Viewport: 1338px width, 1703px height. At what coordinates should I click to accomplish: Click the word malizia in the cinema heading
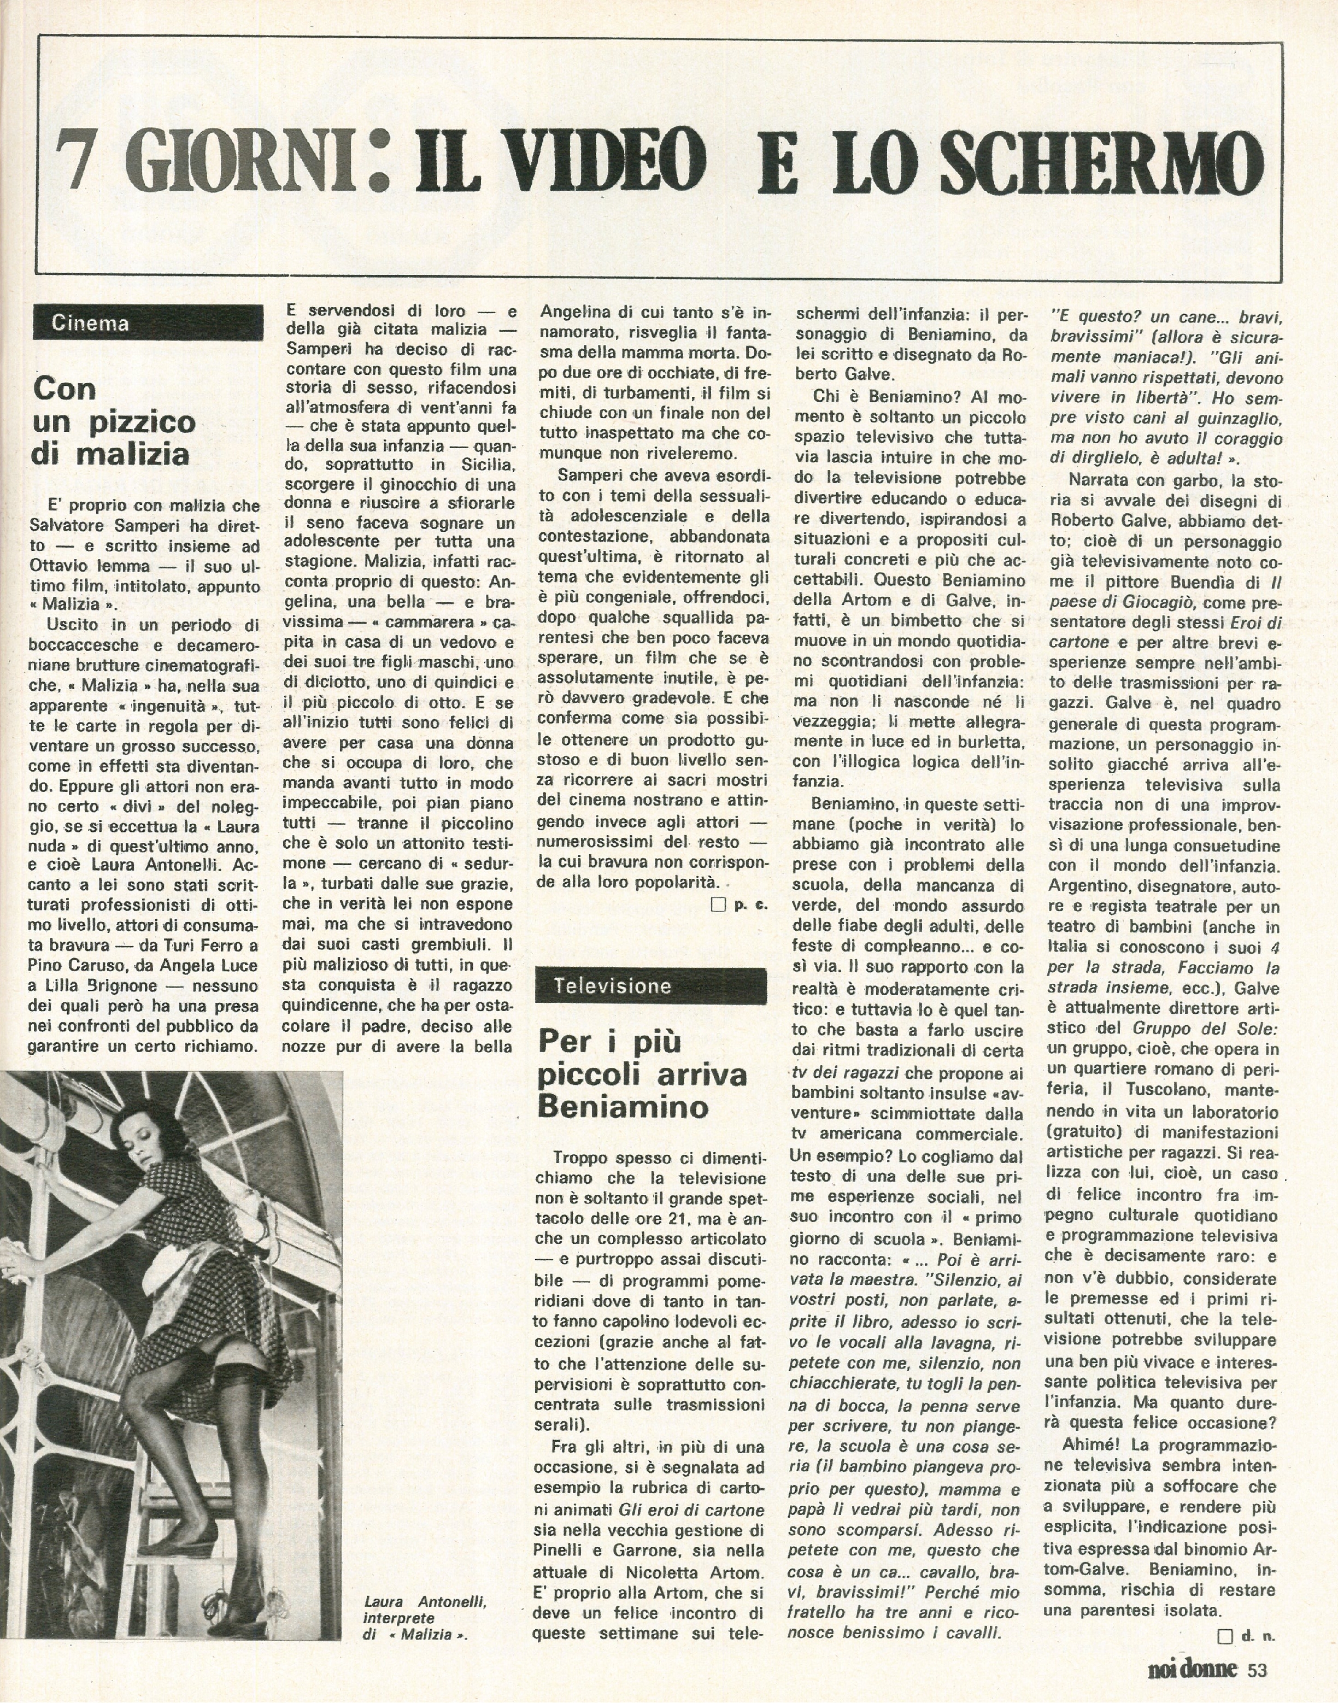point(128,454)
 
